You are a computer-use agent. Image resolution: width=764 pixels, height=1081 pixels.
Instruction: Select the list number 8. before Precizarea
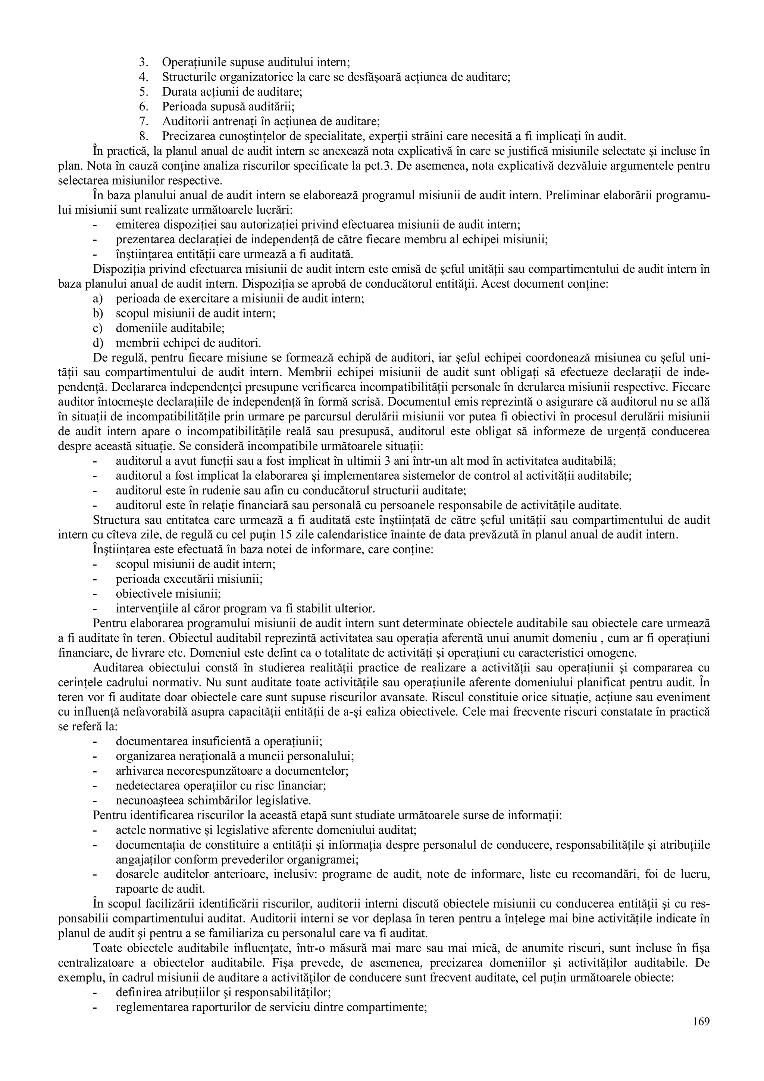pos(144,137)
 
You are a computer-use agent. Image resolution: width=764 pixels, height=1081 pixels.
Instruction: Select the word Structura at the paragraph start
pos(115,520)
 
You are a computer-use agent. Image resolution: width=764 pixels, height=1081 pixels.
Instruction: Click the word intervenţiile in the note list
pos(145,608)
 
